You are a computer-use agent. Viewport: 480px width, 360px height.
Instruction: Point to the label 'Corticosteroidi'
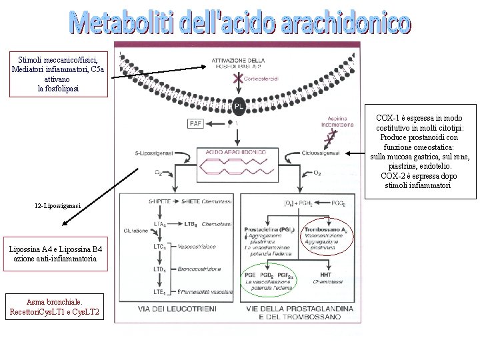point(262,79)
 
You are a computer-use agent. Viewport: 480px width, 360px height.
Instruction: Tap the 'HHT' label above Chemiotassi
point(326,275)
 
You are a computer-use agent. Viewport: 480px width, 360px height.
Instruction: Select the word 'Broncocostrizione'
point(200,269)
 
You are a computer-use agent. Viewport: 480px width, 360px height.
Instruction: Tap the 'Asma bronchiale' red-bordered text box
point(55,306)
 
